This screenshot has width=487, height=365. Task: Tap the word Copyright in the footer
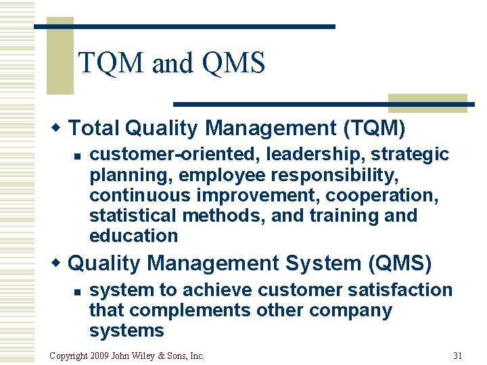click(68, 356)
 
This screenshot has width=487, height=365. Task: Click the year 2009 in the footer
click(99, 356)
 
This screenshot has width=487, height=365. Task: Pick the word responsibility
click(329, 175)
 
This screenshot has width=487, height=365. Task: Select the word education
click(133, 236)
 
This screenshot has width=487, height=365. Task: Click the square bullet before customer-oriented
click(78, 156)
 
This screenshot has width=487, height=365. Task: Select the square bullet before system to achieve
click(78, 291)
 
